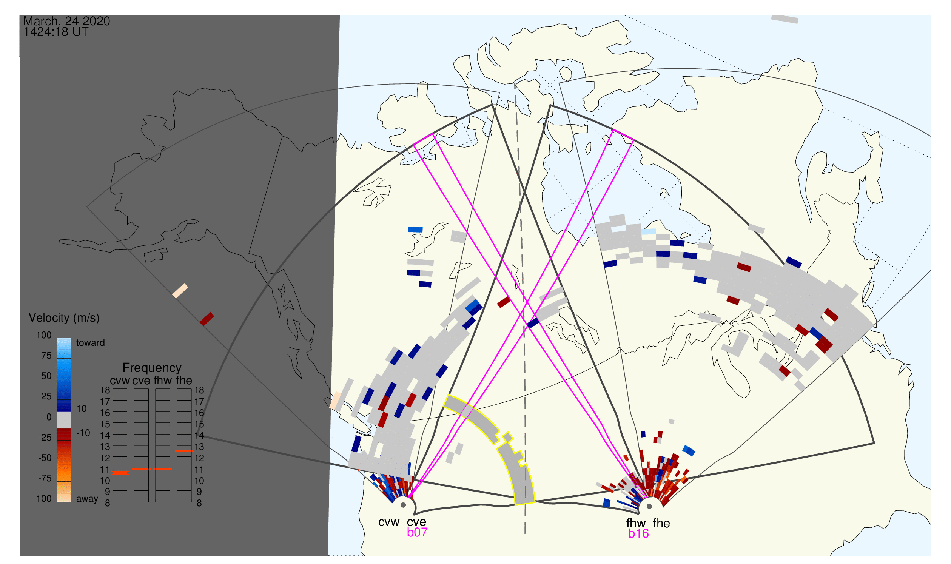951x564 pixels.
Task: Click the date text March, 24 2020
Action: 66,21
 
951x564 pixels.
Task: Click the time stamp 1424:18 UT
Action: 56,32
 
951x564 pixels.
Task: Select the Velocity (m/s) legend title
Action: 64,318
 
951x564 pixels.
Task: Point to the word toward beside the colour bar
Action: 91,343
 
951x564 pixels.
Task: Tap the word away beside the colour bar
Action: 87,499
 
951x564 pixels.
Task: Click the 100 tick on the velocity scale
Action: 44,335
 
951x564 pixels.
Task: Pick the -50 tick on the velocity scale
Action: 45,458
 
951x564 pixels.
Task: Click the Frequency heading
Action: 152,368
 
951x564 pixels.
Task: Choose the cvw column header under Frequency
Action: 120,381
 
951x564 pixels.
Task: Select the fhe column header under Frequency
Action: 184,381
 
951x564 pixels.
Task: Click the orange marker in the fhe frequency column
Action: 184,451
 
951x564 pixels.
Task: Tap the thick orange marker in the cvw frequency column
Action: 120,473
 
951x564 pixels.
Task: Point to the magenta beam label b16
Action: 638,534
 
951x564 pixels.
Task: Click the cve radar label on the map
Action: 416,522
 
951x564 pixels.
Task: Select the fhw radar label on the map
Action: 636,523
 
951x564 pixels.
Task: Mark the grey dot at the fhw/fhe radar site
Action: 650,507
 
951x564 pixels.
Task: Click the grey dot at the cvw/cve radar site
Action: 403,505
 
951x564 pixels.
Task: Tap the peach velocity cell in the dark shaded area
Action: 180,291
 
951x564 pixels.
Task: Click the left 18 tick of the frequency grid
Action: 105,390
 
